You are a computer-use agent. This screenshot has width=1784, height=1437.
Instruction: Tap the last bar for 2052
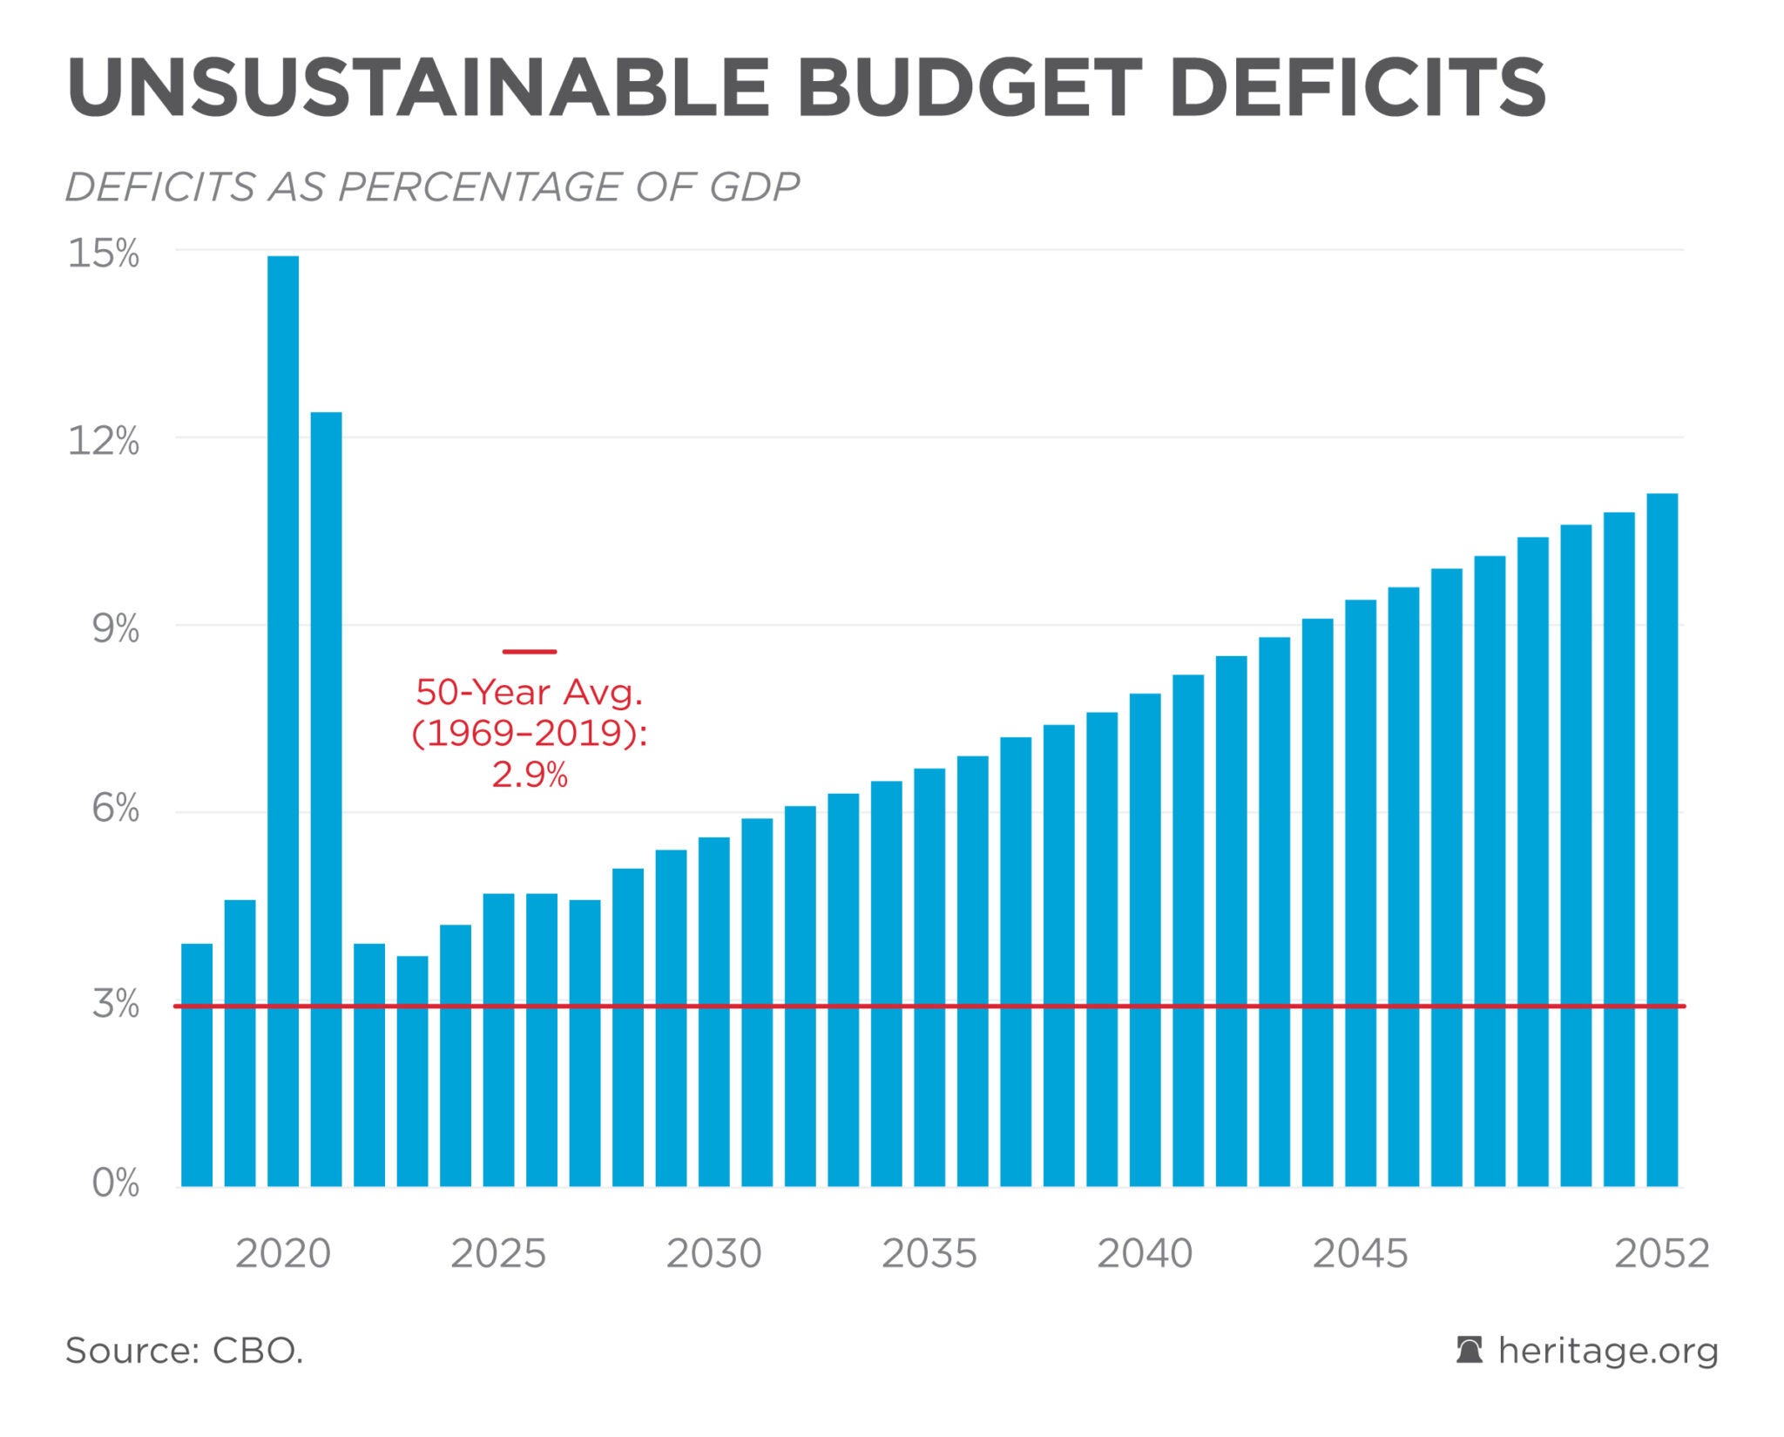click(1662, 840)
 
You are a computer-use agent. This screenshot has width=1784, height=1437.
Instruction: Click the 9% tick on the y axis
click(115, 628)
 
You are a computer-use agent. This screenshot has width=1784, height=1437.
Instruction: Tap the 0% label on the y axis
click(115, 1183)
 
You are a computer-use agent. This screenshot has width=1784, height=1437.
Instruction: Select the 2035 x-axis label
click(929, 1254)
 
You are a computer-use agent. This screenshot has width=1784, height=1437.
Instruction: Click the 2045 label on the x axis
click(1360, 1254)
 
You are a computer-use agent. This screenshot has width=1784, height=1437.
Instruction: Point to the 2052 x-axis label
click(1662, 1254)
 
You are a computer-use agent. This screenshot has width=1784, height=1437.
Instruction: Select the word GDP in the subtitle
click(753, 186)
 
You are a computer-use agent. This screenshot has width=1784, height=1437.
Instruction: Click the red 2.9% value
click(530, 774)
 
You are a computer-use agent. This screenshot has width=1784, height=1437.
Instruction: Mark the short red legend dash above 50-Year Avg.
click(530, 651)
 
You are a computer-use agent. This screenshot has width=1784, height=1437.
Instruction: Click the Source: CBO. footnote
click(185, 1351)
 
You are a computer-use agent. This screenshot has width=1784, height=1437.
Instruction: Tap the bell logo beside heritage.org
click(1470, 1351)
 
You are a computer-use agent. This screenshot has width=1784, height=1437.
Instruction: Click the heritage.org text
click(1608, 1351)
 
